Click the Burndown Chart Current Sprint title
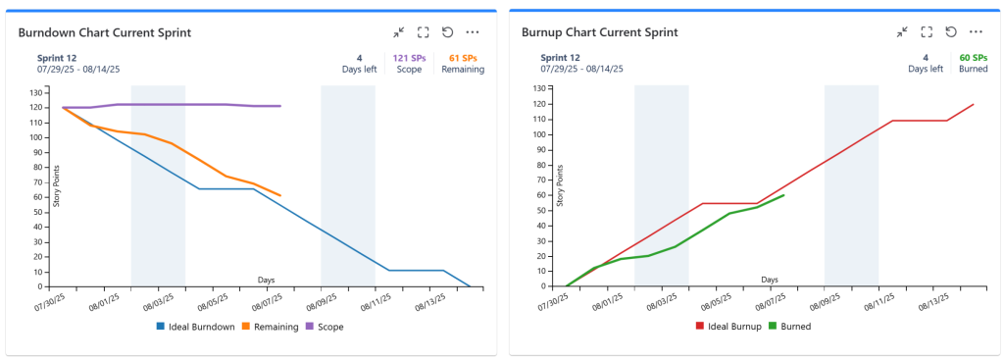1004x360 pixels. [104, 32]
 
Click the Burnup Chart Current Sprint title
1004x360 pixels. [599, 32]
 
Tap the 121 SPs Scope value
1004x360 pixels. [409, 64]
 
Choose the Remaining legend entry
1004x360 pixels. [271, 327]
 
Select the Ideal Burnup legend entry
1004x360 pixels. [729, 327]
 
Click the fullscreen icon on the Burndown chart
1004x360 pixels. [423, 32]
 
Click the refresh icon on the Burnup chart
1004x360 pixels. [951, 32]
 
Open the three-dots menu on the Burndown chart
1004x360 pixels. [473, 32]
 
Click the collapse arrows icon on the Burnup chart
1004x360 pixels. [902, 32]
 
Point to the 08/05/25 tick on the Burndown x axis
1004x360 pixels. [213, 300]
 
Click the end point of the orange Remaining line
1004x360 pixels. [280, 195]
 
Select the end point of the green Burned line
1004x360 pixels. [783, 195]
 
